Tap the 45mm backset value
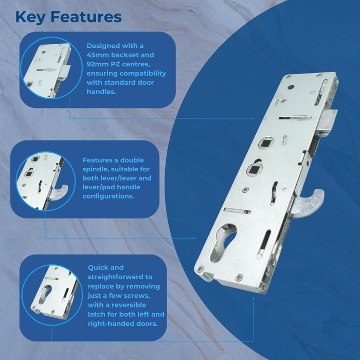[98, 55]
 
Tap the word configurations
[109, 197]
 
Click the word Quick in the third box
[99, 267]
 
